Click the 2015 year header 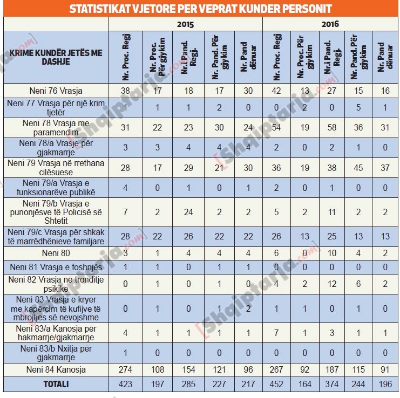[x=186, y=24]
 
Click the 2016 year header [x=330, y=24]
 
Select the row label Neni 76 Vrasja [x=56, y=91]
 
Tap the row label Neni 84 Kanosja [x=56, y=369]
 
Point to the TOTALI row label [x=56, y=385]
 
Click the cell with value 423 [x=125, y=385]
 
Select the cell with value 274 [x=125, y=369]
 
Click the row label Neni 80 [x=56, y=252]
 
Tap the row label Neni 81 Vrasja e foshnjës [x=56, y=266]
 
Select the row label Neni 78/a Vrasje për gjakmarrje [x=56, y=147]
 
